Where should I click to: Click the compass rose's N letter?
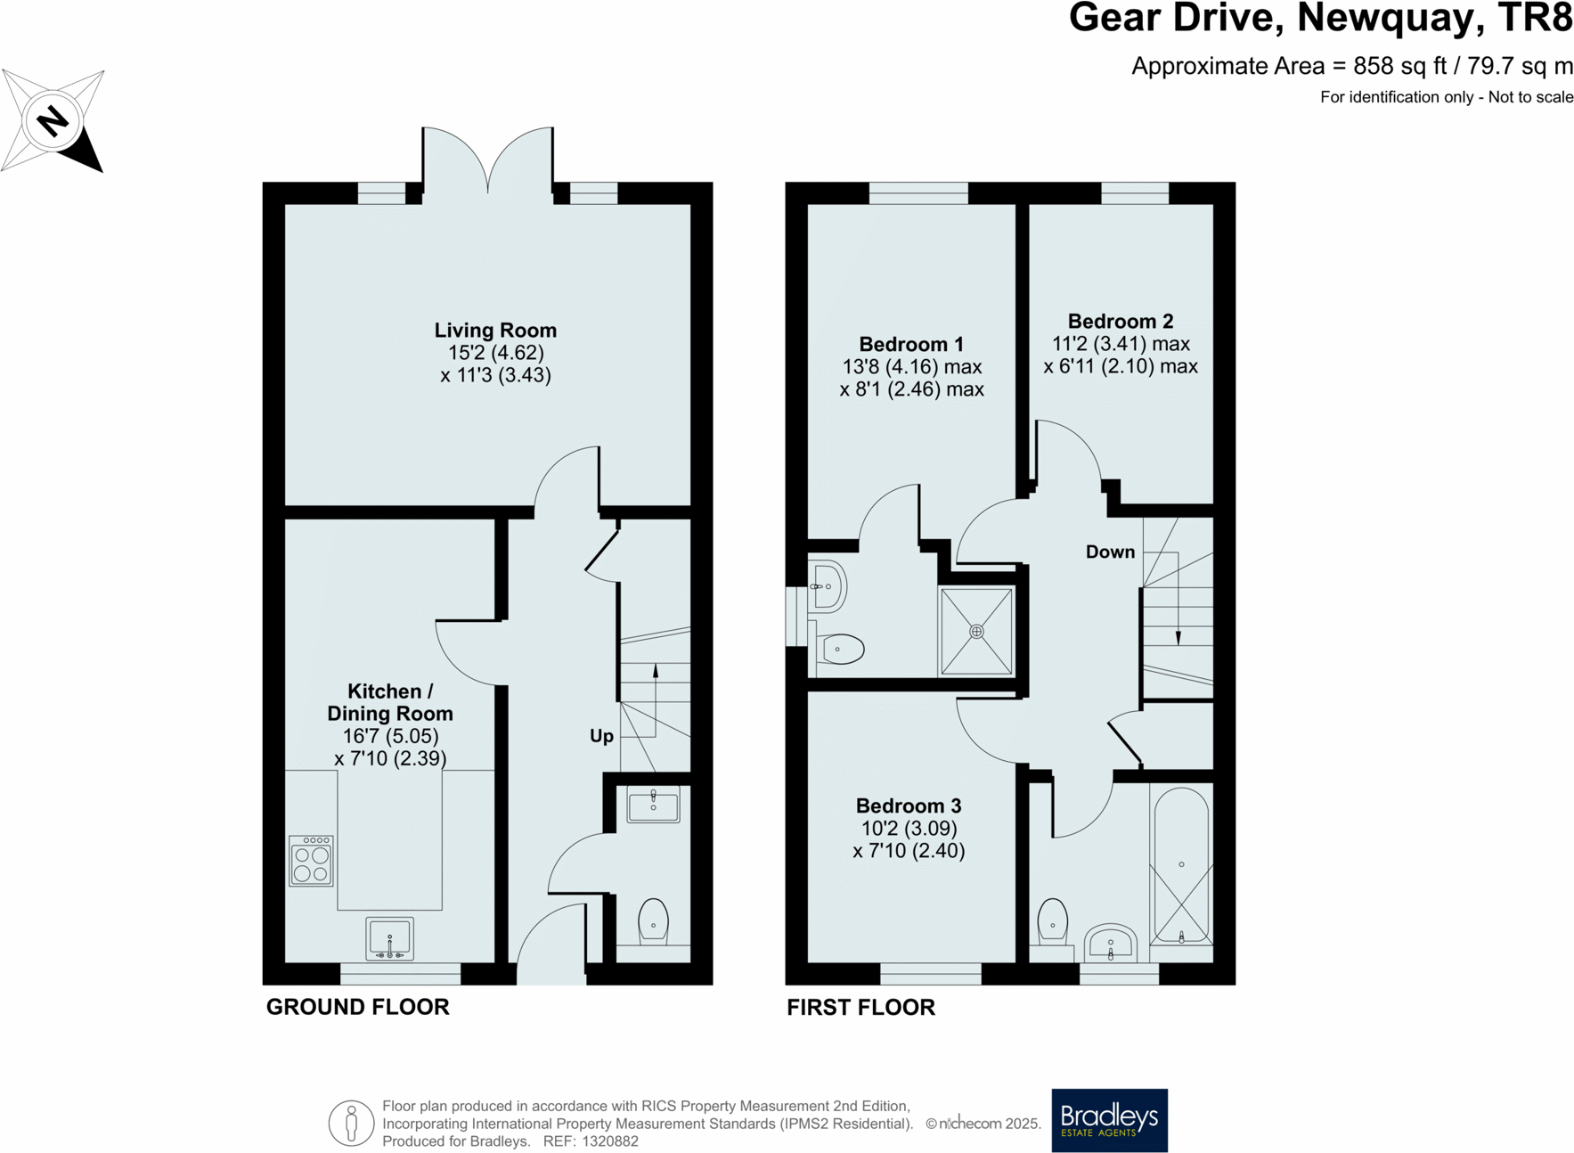tap(53, 120)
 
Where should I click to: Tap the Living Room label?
tap(495, 331)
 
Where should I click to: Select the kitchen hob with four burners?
tap(312, 861)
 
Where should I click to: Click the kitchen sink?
tap(389, 938)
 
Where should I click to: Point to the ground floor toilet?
tap(653, 920)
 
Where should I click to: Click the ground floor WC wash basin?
tap(653, 805)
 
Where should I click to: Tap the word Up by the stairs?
tap(601, 736)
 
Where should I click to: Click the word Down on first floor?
tap(1110, 552)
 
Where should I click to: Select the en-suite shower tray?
tap(976, 631)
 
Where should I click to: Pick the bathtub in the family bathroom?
tap(1181, 865)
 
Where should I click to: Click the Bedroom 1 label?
tap(910, 345)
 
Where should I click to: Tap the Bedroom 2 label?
tap(1120, 322)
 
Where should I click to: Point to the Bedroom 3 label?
tap(908, 806)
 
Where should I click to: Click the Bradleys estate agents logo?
tap(1109, 1120)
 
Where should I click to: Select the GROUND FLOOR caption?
tap(357, 1007)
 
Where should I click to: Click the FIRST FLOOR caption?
tap(860, 1008)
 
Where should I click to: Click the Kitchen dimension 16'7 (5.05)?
tap(390, 737)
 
